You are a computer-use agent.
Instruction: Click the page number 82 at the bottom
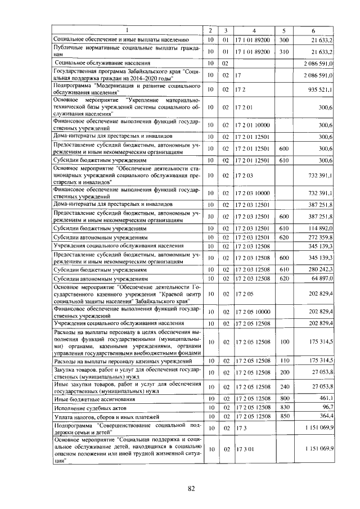(x=191, y=488)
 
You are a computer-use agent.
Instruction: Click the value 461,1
(x=326, y=398)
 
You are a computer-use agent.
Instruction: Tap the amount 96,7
(x=327, y=406)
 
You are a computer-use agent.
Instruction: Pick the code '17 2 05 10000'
(x=253, y=312)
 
